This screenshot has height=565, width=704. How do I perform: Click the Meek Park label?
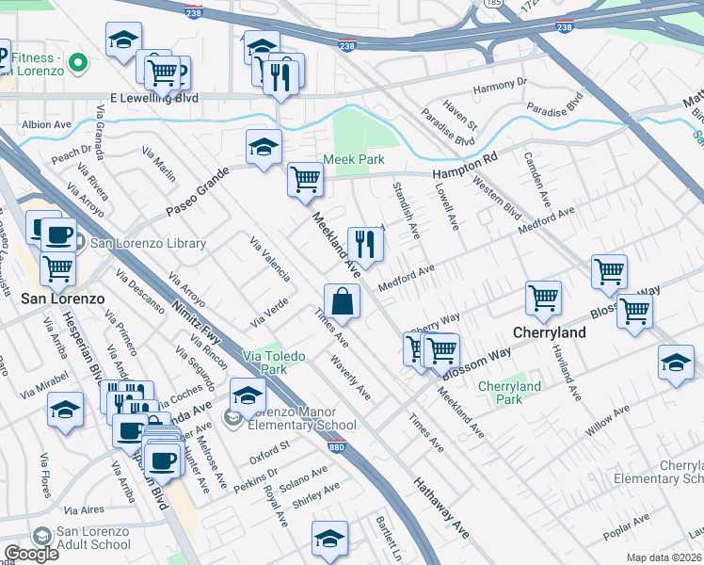[354, 160]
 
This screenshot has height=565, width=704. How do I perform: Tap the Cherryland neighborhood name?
[550, 332]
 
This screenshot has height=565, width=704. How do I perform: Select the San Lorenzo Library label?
[147, 244]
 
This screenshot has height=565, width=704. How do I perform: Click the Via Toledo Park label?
[264, 363]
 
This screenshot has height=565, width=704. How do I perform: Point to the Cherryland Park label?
[509, 393]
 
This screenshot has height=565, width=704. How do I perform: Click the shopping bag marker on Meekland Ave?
[342, 302]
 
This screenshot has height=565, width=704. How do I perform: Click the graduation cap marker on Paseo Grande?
[264, 147]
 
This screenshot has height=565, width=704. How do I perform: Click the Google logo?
[31, 554]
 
